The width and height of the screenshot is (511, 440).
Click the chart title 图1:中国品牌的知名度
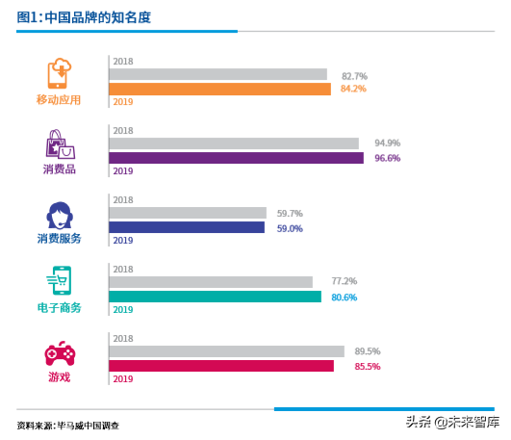tap(84, 17)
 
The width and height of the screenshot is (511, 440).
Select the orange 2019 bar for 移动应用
tap(219, 90)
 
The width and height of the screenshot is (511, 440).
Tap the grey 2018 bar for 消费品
tap(233, 143)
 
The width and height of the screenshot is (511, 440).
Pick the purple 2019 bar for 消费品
tap(236, 158)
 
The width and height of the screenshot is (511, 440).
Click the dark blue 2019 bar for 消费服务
tap(186, 228)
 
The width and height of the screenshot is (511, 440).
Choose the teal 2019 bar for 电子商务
tap(215, 297)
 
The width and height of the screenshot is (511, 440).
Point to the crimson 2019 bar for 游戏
tap(220, 366)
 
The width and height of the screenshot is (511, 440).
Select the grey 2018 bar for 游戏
tap(226, 351)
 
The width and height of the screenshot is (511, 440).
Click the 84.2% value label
tap(353, 90)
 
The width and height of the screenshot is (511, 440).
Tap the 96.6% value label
tap(386, 158)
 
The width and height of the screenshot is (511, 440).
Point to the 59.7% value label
tap(290, 214)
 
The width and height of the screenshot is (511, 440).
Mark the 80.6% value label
tap(344, 298)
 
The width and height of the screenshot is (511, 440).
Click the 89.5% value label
tap(367, 351)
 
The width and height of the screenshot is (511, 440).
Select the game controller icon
tap(60, 353)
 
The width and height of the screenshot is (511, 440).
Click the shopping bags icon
tap(59, 145)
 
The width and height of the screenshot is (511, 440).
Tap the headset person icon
tap(59, 215)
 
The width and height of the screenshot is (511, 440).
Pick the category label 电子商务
tap(60, 308)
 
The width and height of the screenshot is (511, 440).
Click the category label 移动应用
tap(60, 99)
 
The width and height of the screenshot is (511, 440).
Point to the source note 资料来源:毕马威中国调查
tap(68, 425)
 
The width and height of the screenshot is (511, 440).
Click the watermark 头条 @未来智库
tap(452, 422)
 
